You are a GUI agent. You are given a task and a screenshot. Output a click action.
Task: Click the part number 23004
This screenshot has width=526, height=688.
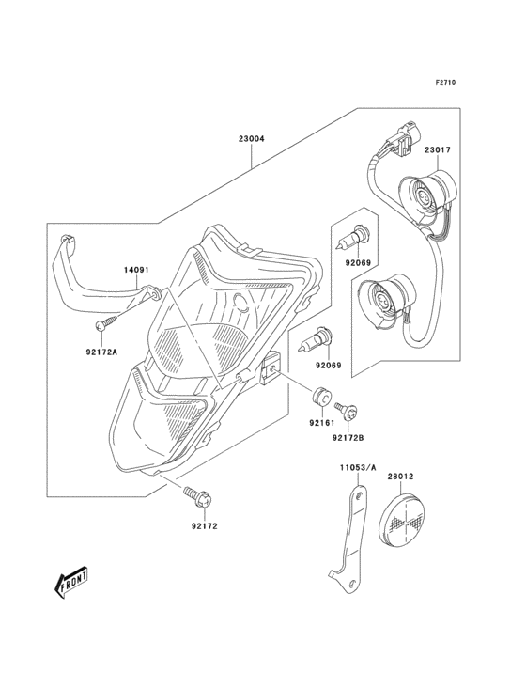(252, 139)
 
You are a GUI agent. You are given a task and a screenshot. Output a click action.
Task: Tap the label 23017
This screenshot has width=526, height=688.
(438, 149)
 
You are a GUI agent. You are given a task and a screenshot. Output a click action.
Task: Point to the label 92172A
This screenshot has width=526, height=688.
(101, 351)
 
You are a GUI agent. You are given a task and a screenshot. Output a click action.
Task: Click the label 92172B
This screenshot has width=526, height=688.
(348, 438)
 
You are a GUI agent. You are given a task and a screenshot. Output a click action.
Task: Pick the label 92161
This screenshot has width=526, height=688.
(322, 423)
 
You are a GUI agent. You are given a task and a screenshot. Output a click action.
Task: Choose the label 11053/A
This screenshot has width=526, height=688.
(358, 468)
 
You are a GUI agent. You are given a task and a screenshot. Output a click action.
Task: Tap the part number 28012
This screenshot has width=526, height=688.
(401, 477)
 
